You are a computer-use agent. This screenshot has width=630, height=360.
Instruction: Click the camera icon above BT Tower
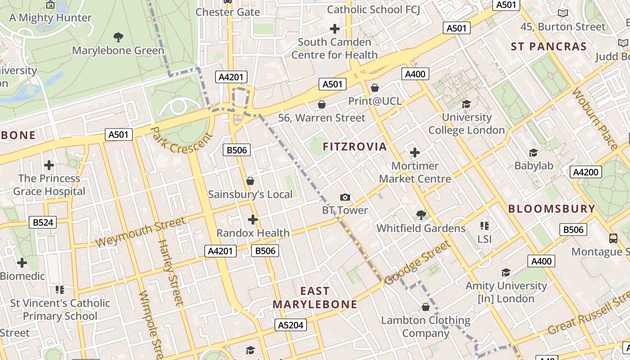(x=345, y=197)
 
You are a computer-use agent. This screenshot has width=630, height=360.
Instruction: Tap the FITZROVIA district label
(x=355, y=147)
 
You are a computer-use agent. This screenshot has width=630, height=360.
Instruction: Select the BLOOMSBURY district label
(x=552, y=209)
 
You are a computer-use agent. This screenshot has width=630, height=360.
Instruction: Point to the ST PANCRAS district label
(x=549, y=47)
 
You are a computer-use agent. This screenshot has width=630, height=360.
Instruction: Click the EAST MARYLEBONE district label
(x=315, y=298)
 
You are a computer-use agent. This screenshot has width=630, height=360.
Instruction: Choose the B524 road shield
(x=43, y=222)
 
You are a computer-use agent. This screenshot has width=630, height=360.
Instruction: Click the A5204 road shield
(x=291, y=325)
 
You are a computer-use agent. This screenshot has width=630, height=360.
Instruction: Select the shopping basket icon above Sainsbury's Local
(x=250, y=181)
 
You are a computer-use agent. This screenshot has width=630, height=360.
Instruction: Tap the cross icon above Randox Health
(x=253, y=220)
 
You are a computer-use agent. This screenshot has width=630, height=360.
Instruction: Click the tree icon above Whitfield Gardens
(x=421, y=215)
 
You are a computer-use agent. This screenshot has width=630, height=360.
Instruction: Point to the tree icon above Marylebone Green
(x=118, y=37)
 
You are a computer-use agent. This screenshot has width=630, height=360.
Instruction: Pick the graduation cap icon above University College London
(x=466, y=104)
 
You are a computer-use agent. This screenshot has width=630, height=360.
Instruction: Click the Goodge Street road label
(x=417, y=263)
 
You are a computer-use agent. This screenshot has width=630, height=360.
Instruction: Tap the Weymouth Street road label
(x=140, y=232)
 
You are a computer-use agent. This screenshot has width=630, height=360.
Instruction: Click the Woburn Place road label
(x=594, y=119)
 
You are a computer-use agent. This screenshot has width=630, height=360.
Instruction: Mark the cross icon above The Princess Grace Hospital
(x=49, y=165)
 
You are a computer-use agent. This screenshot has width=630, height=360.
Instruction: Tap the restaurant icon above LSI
(x=485, y=225)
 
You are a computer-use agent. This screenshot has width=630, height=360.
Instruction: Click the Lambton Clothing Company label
(x=426, y=327)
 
